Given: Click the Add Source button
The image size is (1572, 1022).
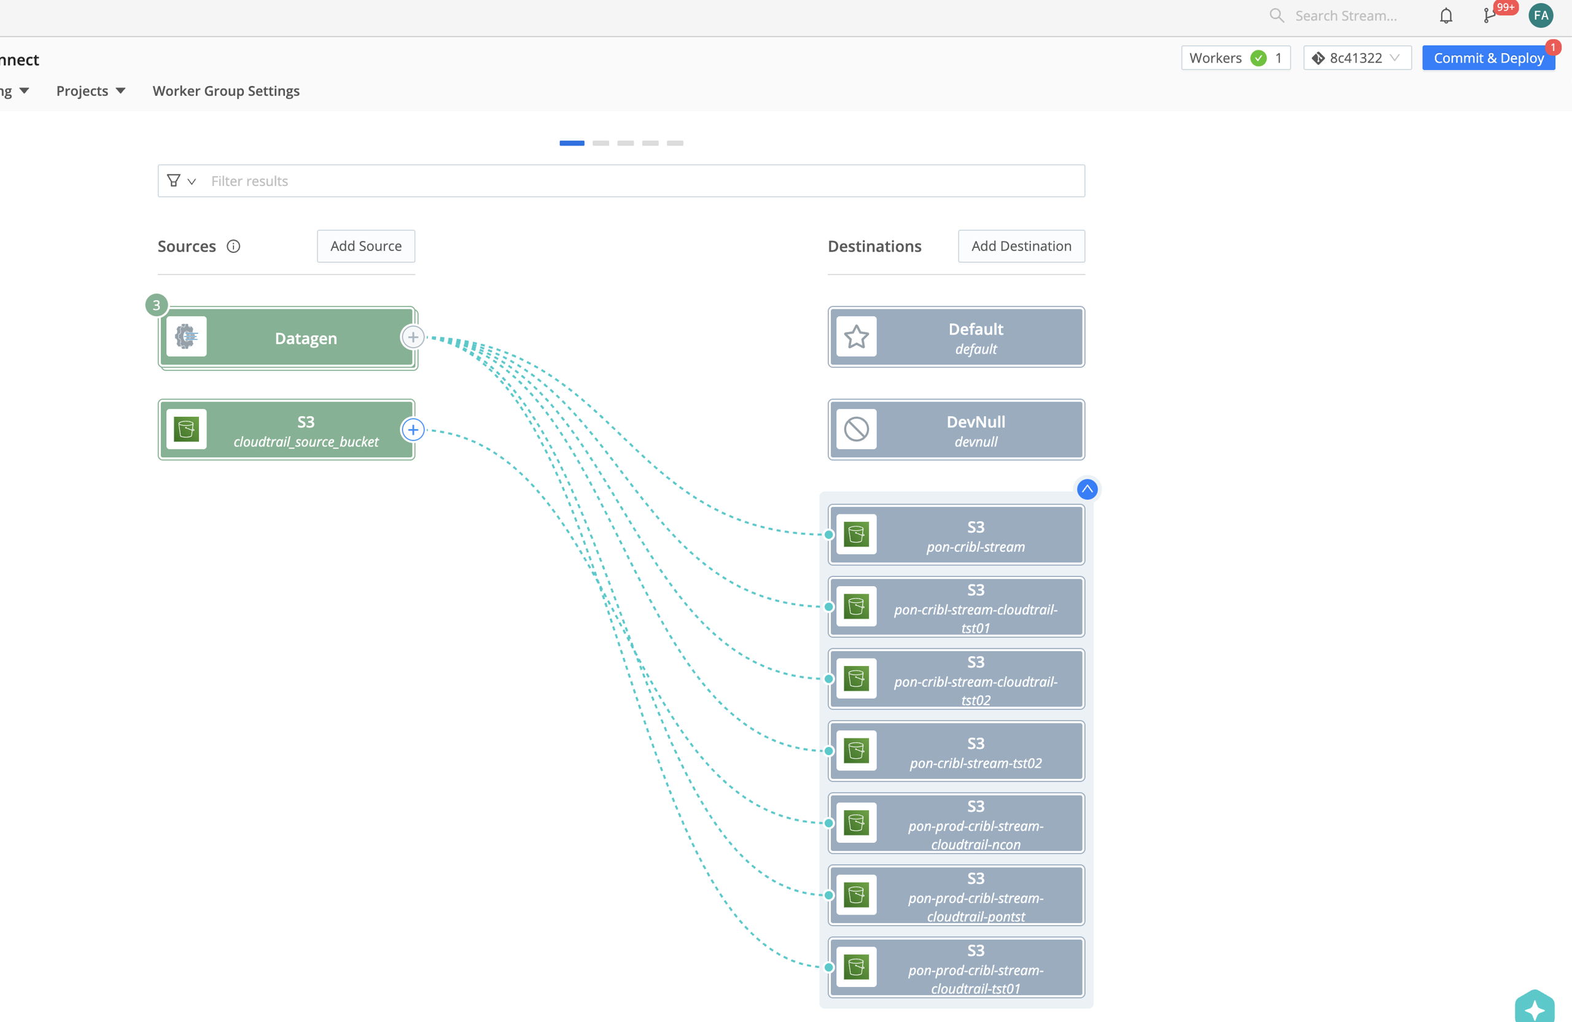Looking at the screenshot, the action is click(x=366, y=246).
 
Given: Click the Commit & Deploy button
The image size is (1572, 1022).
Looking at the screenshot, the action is click(x=1488, y=58).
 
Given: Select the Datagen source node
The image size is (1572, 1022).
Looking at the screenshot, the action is click(x=287, y=338).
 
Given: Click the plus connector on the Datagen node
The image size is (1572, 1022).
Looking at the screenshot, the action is click(x=413, y=338).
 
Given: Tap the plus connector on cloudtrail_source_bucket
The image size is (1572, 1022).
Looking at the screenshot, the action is click(x=413, y=430).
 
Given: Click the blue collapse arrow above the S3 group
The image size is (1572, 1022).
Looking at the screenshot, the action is click(x=1087, y=489).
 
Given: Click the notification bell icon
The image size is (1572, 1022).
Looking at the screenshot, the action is click(x=1446, y=16).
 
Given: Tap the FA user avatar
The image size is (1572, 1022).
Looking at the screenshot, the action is click(x=1540, y=16).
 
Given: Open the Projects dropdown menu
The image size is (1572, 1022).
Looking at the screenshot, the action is click(x=90, y=91).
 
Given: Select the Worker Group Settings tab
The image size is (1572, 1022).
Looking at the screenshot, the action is click(x=226, y=91).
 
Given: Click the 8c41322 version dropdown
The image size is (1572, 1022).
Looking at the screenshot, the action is click(x=1356, y=58).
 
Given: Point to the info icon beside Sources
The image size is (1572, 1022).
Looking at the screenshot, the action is click(x=233, y=246).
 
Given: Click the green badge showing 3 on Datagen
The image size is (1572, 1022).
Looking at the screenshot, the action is click(x=157, y=305).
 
